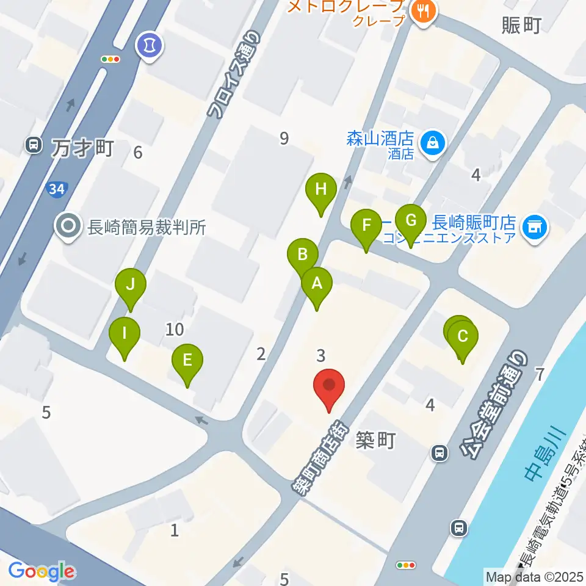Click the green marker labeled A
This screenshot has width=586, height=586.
(317, 284)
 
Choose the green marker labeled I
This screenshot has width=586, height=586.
(125, 334)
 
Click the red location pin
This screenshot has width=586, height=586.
(329, 386)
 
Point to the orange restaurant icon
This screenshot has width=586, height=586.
(422, 11)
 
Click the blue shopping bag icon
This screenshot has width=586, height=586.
(432, 143)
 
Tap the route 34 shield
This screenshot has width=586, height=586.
(57, 190)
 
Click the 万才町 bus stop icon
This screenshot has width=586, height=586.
(33, 145)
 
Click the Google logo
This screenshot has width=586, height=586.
(42, 571)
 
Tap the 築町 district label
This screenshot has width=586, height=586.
(376, 441)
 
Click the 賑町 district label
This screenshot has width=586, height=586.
(521, 26)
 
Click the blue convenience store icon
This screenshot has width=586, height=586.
(536, 228)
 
